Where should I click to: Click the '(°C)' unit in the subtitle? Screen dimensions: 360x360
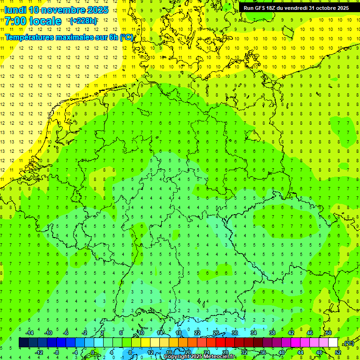pos(126,38)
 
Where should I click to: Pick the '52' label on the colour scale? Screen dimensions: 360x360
pos(338,352)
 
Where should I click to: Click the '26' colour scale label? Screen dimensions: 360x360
pos(216,333)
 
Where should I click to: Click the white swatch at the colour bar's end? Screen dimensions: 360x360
pos(333,343)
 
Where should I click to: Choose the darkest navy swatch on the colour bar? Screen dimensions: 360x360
pos(23,343)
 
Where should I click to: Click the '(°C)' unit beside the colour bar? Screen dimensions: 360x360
pos(348,344)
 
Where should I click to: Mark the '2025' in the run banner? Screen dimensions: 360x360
pos(342,8)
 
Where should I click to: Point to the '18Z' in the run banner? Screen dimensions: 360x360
pos(275,8)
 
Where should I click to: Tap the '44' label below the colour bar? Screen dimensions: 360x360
pos(300,352)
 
